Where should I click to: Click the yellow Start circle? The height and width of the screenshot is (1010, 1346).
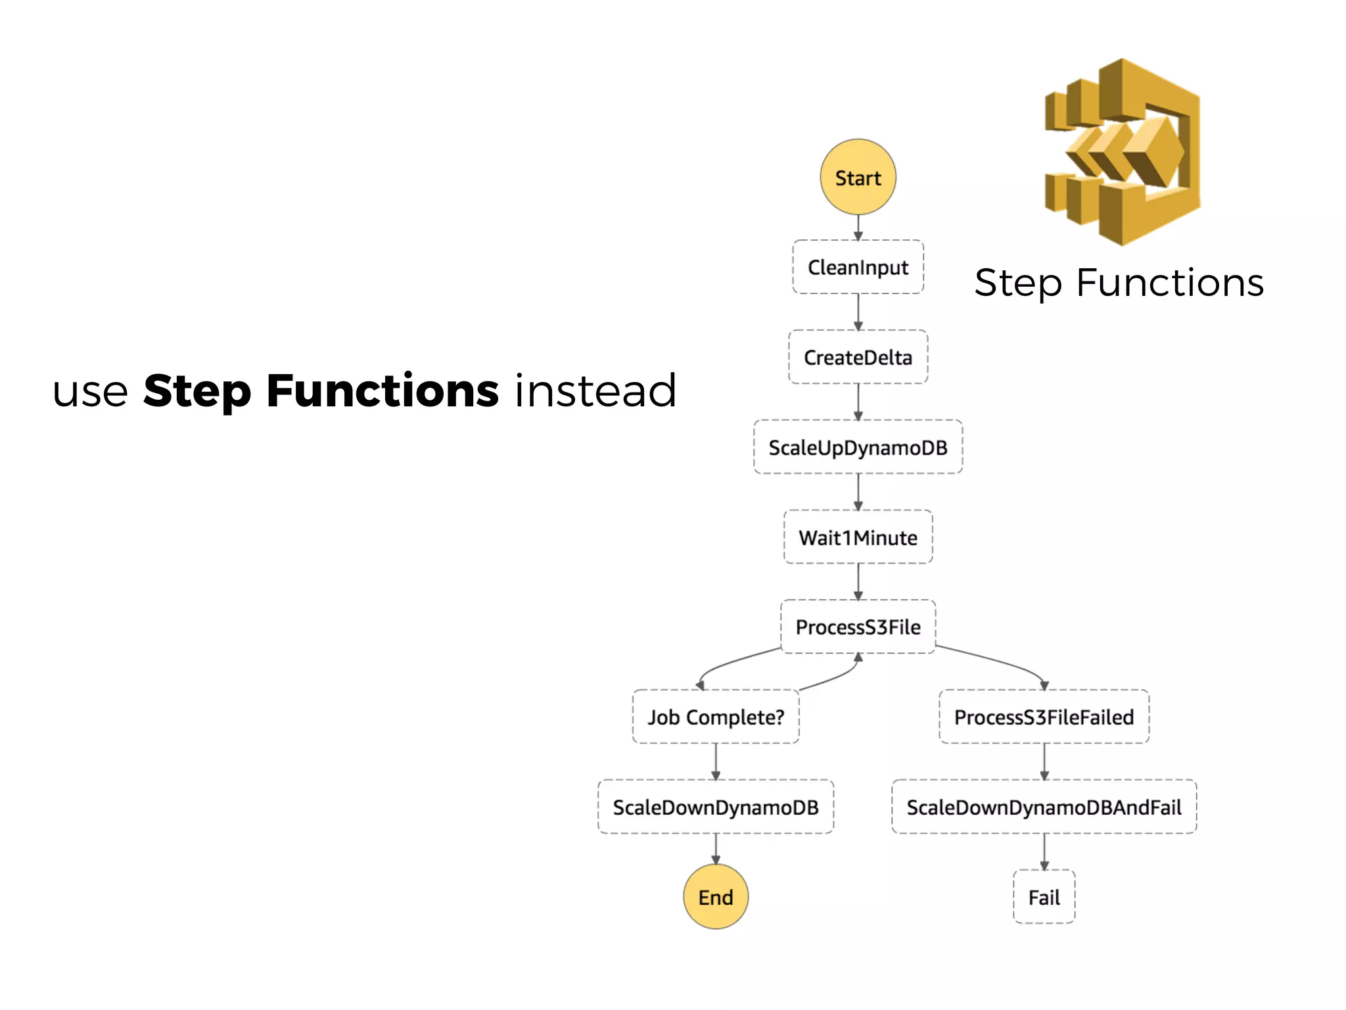click(858, 177)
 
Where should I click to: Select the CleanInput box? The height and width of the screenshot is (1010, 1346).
click(858, 267)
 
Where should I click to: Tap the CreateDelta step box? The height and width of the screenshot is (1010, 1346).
click(858, 357)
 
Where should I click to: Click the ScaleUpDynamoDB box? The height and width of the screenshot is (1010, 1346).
click(858, 447)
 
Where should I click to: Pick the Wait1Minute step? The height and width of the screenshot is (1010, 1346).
click(858, 537)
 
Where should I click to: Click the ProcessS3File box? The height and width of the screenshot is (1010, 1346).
click(858, 627)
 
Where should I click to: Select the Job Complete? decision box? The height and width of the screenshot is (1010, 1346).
click(716, 717)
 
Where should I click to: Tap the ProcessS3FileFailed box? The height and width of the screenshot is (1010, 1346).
click(1044, 717)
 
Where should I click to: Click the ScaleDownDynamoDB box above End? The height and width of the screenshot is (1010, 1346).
click(716, 807)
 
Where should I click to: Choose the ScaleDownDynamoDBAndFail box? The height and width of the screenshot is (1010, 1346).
click(1044, 807)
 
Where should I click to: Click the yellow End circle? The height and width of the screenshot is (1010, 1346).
click(716, 897)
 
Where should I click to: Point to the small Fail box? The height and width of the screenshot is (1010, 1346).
click(1044, 897)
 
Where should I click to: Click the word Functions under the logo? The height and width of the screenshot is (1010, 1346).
click(1170, 283)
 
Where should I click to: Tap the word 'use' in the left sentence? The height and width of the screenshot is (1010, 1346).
click(90, 392)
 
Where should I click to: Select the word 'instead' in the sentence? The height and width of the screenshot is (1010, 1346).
click(595, 391)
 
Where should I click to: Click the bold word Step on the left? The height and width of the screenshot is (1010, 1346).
click(197, 392)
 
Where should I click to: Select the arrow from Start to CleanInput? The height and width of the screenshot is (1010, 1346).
click(858, 228)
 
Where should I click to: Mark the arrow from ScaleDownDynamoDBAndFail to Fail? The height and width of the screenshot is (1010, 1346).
click(1044, 852)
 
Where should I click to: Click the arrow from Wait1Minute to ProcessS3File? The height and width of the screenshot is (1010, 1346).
click(858, 582)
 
